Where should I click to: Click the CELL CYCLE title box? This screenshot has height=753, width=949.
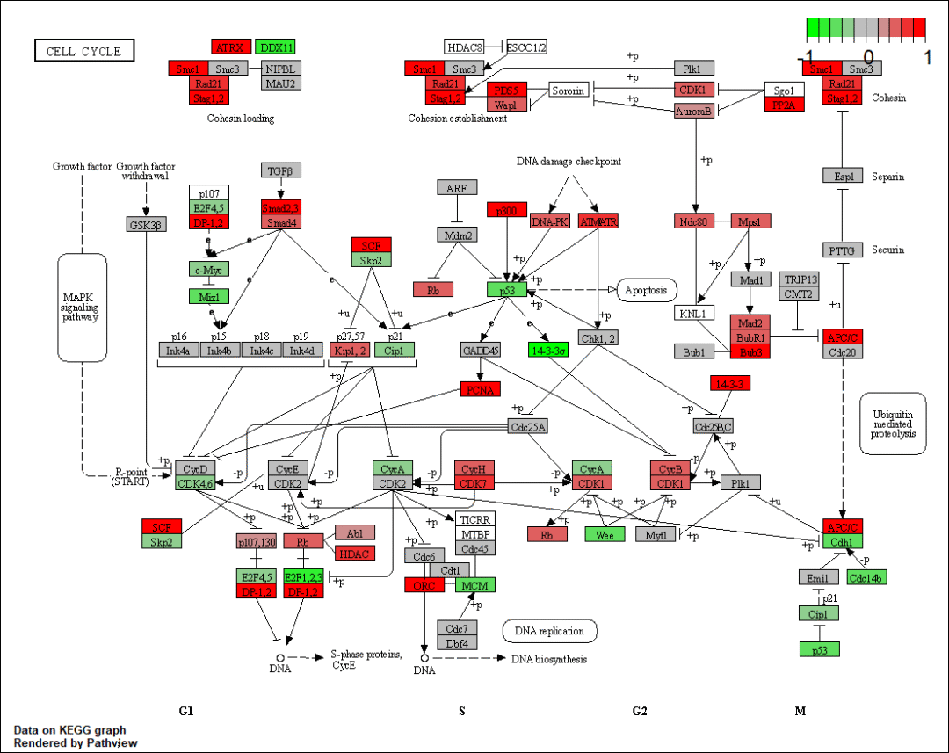tap(83, 51)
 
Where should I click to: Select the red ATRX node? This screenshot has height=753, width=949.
tap(231, 47)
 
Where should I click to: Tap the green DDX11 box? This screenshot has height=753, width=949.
tap(275, 47)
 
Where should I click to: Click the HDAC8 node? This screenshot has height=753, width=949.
tap(464, 47)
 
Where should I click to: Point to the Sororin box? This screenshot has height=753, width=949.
tap(569, 91)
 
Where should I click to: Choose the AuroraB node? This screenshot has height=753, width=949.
tap(694, 111)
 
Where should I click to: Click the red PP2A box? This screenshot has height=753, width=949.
tap(784, 105)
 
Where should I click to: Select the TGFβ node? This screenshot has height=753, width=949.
tap(281, 170)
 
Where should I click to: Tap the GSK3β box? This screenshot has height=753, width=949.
tap(147, 223)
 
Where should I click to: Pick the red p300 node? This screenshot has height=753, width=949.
tap(507, 209)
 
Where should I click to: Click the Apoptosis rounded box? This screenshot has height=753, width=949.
tap(647, 289)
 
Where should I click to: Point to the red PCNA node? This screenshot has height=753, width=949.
tap(481, 388)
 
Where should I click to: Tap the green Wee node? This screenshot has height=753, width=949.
tap(605, 533)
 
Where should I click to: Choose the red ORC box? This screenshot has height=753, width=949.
tap(424, 584)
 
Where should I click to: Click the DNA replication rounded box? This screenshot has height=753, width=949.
tap(549, 631)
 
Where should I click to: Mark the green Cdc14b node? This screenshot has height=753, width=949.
tap(866, 577)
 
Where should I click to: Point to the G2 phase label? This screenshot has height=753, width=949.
tap(639, 711)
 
